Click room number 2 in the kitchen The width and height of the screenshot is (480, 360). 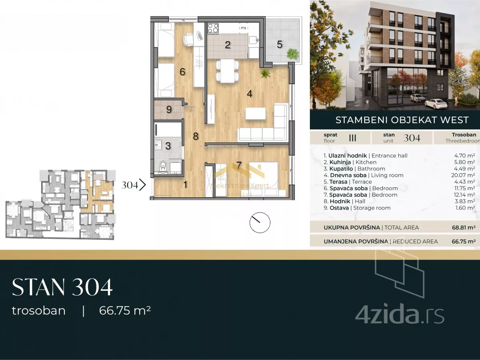pos(227,45)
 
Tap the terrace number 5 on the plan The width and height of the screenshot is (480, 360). pos(279,45)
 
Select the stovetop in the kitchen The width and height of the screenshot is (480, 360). pos(213,28)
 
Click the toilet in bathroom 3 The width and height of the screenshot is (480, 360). pos(163,166)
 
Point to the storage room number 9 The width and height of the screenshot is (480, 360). pos(169,110)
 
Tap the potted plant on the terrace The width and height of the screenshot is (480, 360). pos(292,54)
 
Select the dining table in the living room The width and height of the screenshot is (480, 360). pos(227,71)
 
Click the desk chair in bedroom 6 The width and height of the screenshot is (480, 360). pos(189,39)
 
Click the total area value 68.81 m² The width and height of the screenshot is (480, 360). pos(464,228)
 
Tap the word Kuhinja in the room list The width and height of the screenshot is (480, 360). pos(340,162)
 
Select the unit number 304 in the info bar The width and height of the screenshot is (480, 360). pos(412,138)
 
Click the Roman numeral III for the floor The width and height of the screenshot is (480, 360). pos(353,138)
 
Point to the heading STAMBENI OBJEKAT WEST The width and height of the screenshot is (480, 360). pos(402,120)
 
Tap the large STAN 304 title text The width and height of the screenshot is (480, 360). pos(62,287)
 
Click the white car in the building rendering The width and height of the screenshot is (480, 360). pos(436,103)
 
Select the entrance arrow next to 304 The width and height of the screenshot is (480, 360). pos(143,185)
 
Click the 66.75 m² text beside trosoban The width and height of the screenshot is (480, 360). pos(125,310)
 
